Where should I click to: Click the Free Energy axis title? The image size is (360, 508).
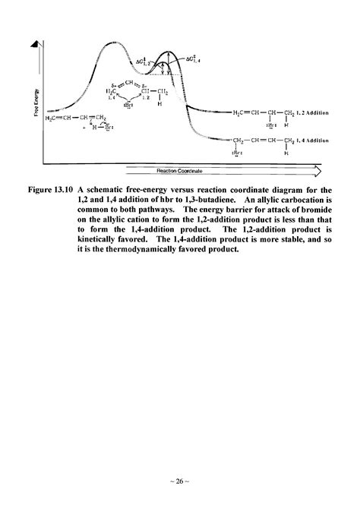pyautogui.click(x=48, y=99)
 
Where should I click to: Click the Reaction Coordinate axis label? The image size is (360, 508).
pyautogui.click(x=180, y=172)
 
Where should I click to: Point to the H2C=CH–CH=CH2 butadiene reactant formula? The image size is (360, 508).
pyautogui.click(x=75, y=118)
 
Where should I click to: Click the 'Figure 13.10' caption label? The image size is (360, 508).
pyautogui.click(x=71, y=188)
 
